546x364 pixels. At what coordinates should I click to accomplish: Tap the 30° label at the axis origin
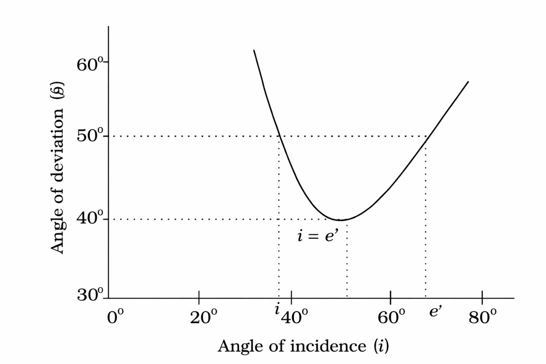point(90,296)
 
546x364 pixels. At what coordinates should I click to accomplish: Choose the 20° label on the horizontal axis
point(200,317)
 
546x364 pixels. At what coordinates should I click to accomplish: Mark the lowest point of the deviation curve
point(340,220)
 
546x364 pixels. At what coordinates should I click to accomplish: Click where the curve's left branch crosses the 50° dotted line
point(280,136)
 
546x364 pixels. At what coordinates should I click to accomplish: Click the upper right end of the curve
point(468,82)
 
